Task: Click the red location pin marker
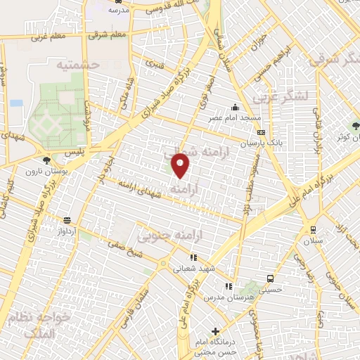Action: pos(181,165)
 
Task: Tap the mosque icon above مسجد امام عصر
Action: pos(234,108)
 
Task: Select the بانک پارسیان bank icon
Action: pos(261,132)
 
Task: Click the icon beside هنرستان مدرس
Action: pos(228,286)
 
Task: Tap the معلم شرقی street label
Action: pos(110,34)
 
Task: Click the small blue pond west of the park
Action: pos(16,103)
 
